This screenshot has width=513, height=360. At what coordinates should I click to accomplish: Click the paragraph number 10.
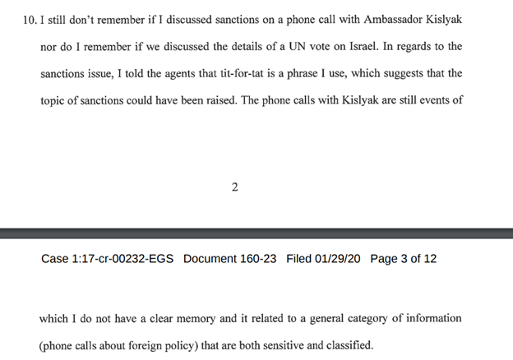30,21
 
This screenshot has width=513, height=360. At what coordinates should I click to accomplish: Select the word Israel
364,46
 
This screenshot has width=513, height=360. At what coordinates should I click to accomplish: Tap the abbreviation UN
297,46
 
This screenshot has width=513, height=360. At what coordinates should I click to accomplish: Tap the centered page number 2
235,187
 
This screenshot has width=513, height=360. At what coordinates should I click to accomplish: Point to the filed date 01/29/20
338,259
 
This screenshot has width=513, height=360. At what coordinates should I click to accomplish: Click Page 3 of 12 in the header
404,259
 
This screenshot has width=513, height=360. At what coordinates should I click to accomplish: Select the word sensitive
284,345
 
